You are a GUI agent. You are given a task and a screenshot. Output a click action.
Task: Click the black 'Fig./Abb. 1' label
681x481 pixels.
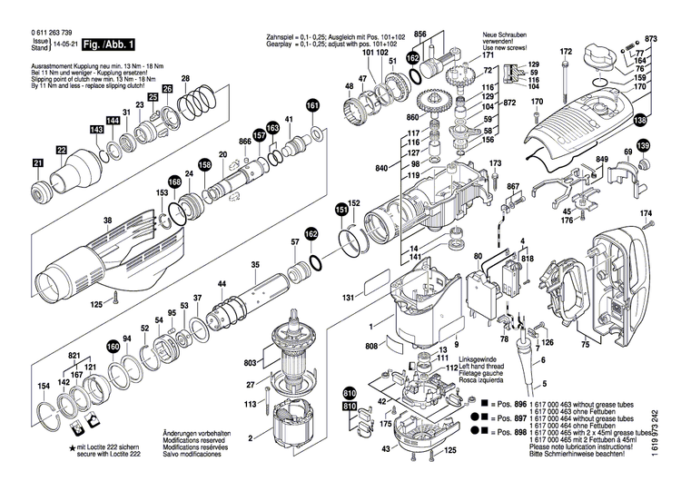pyautogui.click(x=108, y=44)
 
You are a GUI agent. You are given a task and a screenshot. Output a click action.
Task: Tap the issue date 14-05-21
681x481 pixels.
pyautogui.click(x=64, y=43)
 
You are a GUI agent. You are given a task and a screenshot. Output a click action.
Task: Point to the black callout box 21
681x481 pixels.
pyautogui.click(x=38, y=163)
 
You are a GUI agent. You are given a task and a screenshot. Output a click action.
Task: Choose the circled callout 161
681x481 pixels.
pyautogui.click(x=312, y=105)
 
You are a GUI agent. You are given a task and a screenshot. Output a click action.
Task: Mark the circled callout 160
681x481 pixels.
pyautogui.click(x=113, y=346)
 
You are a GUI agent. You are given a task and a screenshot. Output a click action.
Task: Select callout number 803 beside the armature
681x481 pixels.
pyautogui.click(x=251, y=363)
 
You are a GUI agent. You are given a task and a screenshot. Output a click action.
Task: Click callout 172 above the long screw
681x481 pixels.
pyautogui.click(x=566, y=51)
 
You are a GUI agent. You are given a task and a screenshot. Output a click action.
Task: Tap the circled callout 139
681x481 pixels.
pyautogui.click(x=643, y=146)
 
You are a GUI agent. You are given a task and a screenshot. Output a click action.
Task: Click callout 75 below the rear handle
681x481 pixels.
pyautogui.click(x=586, y=345)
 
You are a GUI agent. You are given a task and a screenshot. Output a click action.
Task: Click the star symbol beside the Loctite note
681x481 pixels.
pyautogui.click(x=72, y=449)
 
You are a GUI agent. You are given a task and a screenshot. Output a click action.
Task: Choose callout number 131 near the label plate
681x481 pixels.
pyautogui.click(x=348, y=297)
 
